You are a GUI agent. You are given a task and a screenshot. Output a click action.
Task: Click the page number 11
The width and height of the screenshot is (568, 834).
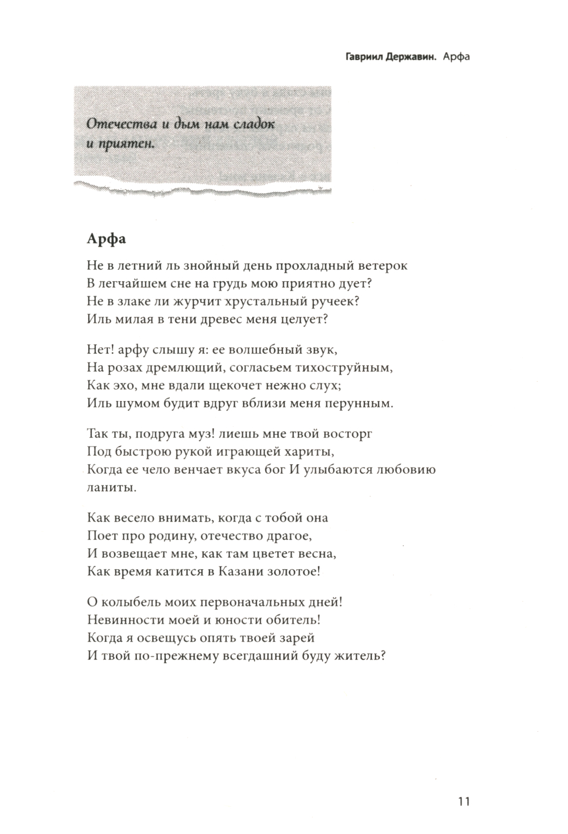pos(463,802)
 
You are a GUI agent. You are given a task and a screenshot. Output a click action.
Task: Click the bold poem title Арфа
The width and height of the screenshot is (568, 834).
pos(107,239)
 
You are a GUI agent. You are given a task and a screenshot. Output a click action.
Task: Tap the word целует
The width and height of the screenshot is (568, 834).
pos(305,319)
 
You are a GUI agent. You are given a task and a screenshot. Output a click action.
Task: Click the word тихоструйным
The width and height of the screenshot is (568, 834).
pos(346,367)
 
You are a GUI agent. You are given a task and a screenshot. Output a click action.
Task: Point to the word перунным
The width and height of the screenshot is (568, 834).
pos(359,403)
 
